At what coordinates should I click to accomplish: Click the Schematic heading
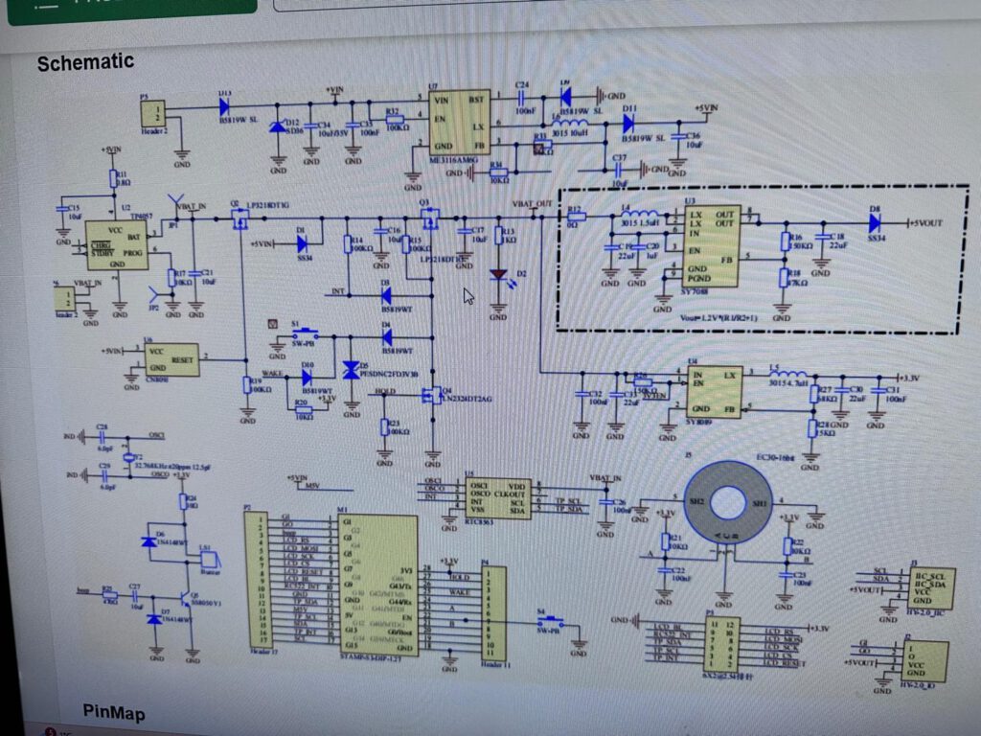(85, 63)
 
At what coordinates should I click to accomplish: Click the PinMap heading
(114, 712)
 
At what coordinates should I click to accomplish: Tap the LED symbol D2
(498, 276)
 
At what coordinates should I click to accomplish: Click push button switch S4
(547, 624)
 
